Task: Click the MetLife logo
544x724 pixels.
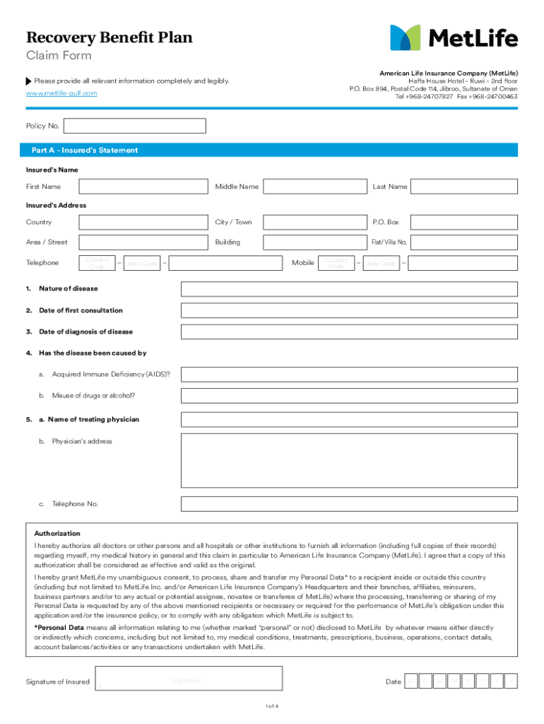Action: tap(454, 37)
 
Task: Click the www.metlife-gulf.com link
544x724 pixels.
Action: tap(61, 93)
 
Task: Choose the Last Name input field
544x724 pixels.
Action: tap(463, 187)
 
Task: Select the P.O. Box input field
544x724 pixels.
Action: tap(463, 222)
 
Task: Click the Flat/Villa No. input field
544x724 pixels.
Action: tap(463, 242)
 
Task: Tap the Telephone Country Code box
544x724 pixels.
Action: tap(97, 263)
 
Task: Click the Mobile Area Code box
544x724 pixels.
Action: tap(382, 263)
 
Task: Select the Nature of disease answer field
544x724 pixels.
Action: tap(349, 289)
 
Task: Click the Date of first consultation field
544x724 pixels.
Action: tap(349, 310)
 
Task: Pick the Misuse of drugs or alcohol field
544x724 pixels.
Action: tap(349, 395)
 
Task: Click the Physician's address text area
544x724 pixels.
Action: tap(349, 460)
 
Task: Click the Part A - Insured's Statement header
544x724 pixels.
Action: tap(85, 151)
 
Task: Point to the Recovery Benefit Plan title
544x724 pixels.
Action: tap(109, 37)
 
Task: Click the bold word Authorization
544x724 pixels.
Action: tap(57, 534)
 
